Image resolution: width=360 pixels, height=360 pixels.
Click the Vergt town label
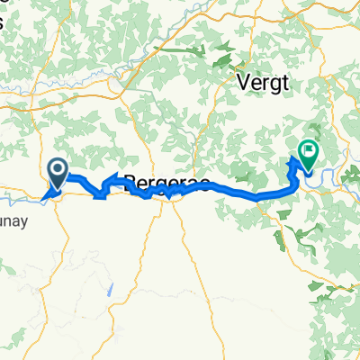262,81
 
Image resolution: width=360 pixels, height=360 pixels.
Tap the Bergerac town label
166,183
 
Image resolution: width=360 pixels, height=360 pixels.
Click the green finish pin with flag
308,155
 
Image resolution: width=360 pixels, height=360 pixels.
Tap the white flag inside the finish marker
309,150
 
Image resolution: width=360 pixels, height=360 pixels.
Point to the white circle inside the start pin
57,168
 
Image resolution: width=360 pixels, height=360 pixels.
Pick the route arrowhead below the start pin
46,190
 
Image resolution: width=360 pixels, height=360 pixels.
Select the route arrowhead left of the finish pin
293,163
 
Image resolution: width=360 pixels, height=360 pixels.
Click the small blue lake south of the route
110,290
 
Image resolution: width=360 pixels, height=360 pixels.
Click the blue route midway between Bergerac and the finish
234,192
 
